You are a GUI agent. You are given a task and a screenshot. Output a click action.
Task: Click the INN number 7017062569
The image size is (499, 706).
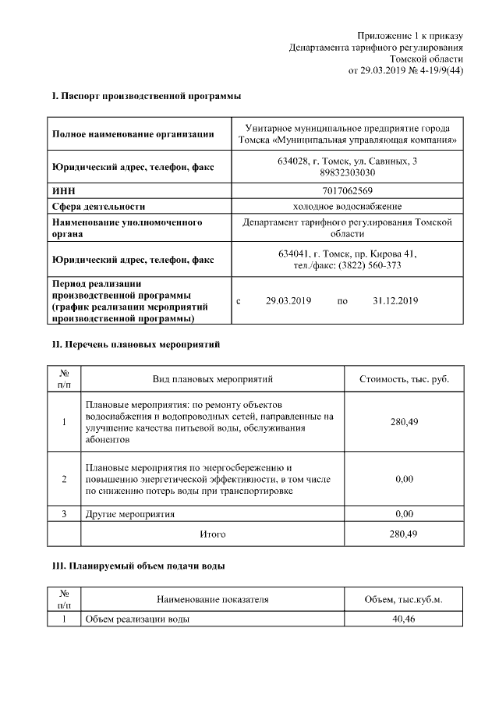[347, 190]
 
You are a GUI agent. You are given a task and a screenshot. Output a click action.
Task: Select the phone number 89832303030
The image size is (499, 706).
[347, 173]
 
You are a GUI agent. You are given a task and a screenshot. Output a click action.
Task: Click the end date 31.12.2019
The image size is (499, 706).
[396, 300]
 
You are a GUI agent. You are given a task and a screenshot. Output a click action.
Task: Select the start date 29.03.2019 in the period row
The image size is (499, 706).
[288, 300]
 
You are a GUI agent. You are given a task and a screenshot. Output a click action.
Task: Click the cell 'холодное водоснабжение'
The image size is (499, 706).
[347, 206]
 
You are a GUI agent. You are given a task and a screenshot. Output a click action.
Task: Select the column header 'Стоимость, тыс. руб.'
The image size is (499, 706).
[404, 379]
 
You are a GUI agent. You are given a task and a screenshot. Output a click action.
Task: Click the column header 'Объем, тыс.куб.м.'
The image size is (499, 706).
[404, 599]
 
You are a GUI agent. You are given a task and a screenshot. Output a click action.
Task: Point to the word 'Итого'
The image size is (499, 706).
[213, 534]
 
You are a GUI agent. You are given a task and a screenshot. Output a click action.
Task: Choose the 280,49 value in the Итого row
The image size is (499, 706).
[404, 534]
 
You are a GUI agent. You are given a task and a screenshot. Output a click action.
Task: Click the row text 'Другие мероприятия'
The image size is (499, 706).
[129, 514]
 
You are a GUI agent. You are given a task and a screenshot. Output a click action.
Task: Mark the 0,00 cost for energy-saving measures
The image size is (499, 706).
[404, 478]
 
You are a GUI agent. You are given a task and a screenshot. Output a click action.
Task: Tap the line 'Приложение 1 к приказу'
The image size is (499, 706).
[410, 36]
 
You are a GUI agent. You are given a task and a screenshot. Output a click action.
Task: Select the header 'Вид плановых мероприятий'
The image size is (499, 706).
[213, 379]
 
